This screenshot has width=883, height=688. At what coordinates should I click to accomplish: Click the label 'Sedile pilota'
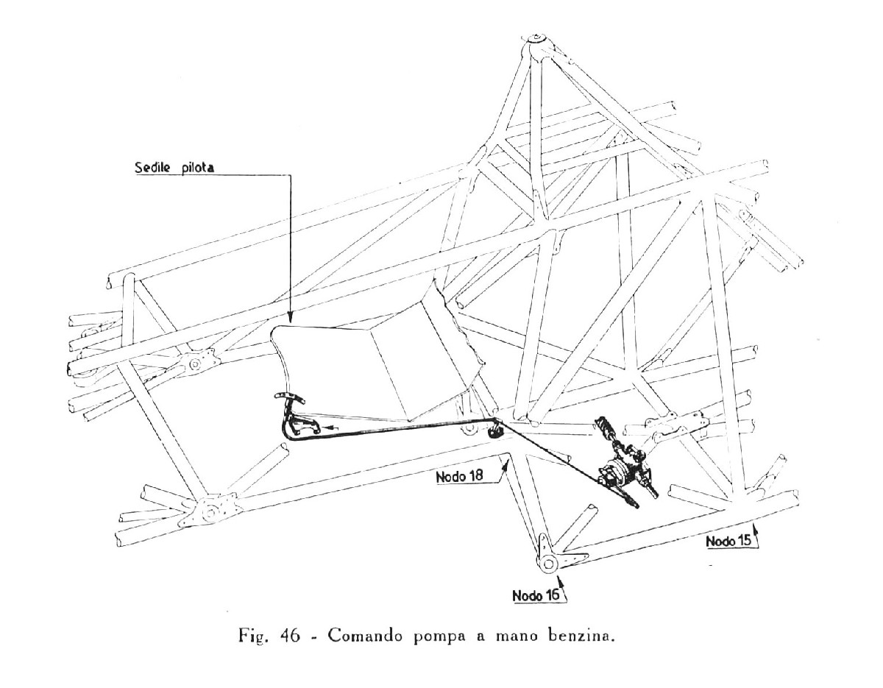coord(174,168)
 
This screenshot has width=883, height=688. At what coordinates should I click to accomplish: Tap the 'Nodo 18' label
coord(460,476)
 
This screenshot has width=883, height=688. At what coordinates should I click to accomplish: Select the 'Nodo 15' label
coord(729,542)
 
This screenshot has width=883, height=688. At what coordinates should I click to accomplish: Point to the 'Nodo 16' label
coord(536,596)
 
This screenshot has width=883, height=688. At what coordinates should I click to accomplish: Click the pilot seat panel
coord(378,352)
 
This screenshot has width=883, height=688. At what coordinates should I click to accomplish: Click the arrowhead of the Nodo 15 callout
coord(755,531)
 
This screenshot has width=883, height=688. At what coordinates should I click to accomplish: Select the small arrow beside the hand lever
coord(332,427)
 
